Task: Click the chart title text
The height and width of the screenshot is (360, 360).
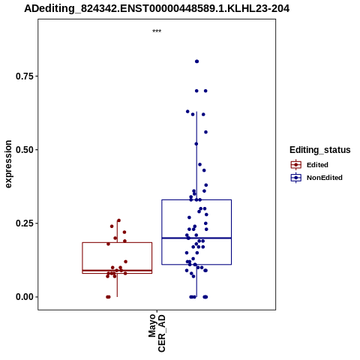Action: click(157, 9)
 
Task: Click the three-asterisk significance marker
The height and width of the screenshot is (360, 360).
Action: click(157, 31)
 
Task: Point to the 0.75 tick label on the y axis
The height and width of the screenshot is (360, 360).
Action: click(25, 76)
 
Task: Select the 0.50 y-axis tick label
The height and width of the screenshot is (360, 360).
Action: click(25, 150)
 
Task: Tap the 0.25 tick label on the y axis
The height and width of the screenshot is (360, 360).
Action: click(25, 223)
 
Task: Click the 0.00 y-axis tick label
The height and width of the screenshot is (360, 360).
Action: click(25, 297)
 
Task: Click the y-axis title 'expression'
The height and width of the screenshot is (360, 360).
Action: click(8, 164)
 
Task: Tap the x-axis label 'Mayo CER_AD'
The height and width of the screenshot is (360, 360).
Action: click(157, 333)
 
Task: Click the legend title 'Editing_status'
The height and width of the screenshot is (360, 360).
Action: click(320, 150)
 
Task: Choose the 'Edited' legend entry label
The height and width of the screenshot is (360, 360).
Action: click(317, 165)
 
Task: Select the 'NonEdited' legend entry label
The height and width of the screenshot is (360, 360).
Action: click(325, 178)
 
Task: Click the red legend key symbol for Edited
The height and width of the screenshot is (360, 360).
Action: click(296, 165)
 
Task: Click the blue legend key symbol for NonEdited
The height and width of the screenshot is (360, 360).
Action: click(296, 178)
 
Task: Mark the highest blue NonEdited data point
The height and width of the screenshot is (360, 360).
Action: click(196, 61)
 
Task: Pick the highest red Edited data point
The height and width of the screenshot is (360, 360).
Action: click(118, 220)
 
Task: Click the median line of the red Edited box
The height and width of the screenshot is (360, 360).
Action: click(117, 271)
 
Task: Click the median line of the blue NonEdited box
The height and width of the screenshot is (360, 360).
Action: click(196, 238)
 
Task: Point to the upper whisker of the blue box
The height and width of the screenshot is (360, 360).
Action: click(196, 156)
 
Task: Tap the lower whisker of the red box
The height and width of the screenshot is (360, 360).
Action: click(117, 285)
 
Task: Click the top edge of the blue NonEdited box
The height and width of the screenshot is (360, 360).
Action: click(196, 199)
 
